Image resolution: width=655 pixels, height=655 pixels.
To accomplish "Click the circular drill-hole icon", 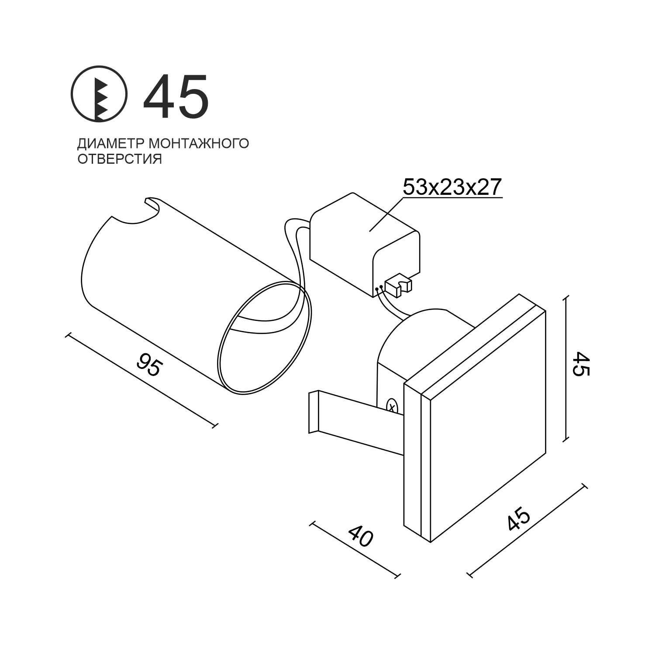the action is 99,94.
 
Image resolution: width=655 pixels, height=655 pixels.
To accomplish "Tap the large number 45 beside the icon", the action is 176,97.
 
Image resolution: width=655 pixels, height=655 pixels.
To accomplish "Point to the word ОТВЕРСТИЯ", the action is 120,159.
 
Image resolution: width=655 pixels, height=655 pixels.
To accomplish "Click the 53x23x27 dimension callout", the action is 452,187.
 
